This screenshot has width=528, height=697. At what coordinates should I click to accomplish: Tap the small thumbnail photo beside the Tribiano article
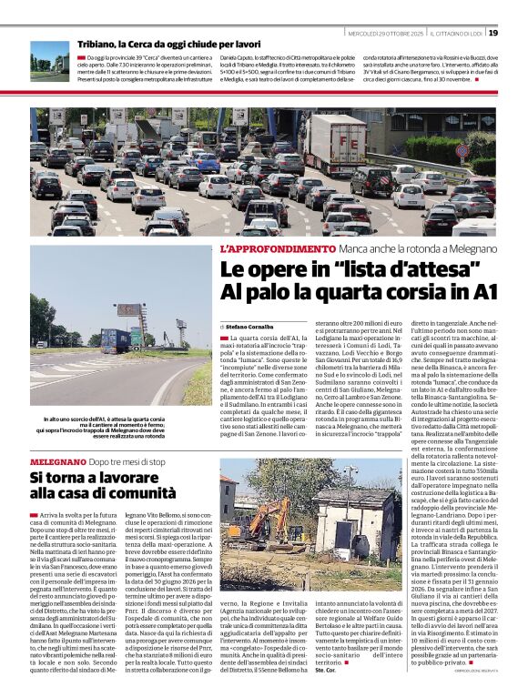[x=49, y=61]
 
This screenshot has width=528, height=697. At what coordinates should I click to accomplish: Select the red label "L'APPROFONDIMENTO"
[x=277, y=248]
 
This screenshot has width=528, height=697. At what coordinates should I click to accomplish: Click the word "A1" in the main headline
[x=483, y=290]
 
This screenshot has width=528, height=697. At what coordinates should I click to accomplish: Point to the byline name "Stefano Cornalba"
[x=249, y=325]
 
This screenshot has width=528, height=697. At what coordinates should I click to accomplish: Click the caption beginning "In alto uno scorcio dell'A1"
[x=107, y=427]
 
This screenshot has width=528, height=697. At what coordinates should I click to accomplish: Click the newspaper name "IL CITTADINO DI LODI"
[x=452, y=34]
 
